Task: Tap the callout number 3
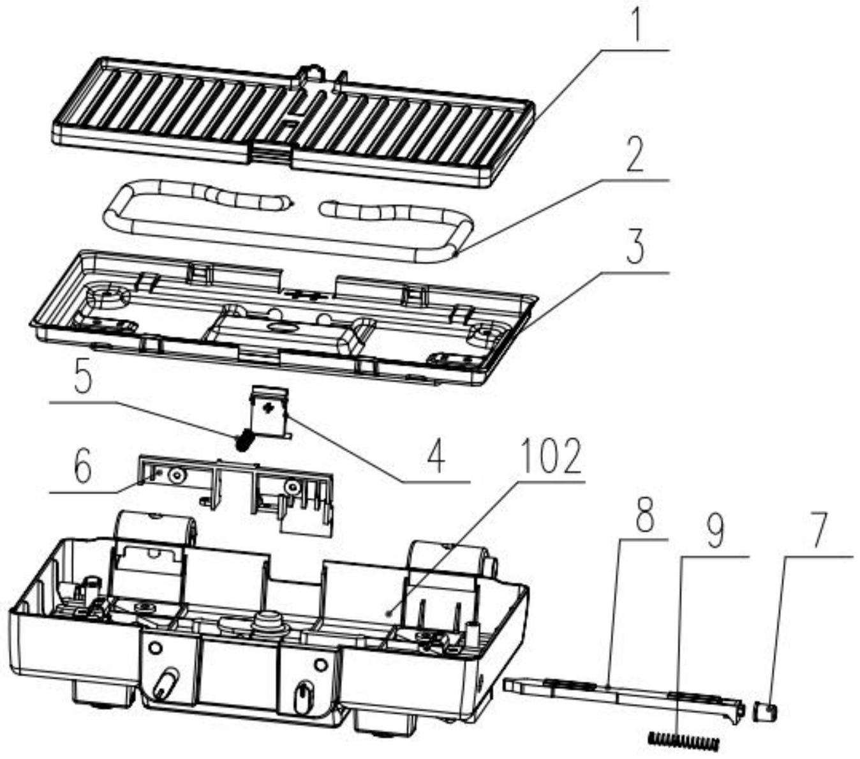click(x=634, y=248)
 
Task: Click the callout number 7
click(x=817, y=530)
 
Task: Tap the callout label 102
click(x=550, y=457)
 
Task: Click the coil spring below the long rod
click(x=683, y=741)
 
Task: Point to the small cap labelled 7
click(x=765, y=711)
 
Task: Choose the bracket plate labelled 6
click(x=236, y=488)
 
